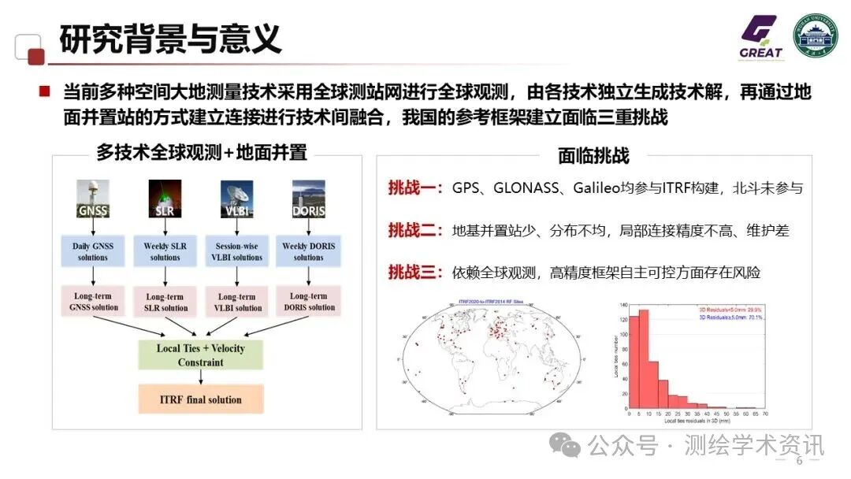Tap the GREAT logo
coord(760,39)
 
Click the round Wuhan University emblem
coord(815,38)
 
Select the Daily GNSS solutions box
coord(93,251)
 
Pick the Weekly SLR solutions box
coord(165,251)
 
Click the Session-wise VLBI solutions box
coord(236,251)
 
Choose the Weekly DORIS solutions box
coord(308,251)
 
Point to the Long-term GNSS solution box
coord(93,302)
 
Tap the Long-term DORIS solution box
coord(308,302)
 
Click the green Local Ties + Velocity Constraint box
coord(200,355)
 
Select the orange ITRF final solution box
coord(200,399)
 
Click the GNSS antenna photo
coord(93,198)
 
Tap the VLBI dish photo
coord(236,198)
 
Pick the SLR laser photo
coord(165,198)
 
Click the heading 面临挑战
coord(593,155)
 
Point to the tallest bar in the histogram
coord(643,358)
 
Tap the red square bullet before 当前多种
coord(45,92)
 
